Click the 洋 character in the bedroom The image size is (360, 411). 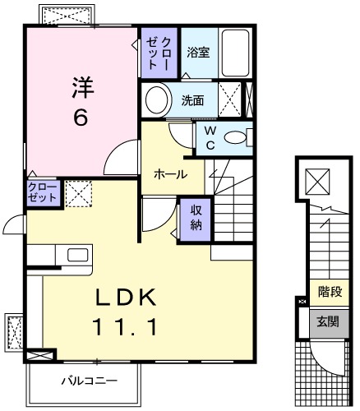[x=80, y=86]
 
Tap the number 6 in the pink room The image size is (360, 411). [x=80, y=118]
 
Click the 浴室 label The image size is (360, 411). [x=197, y=53]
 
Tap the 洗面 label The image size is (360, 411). [x=193, y=101]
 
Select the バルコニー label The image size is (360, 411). [x=89, y=381]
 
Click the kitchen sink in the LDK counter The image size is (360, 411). [x=77, y=254]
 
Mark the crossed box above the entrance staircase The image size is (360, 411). [x=316, y=180]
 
